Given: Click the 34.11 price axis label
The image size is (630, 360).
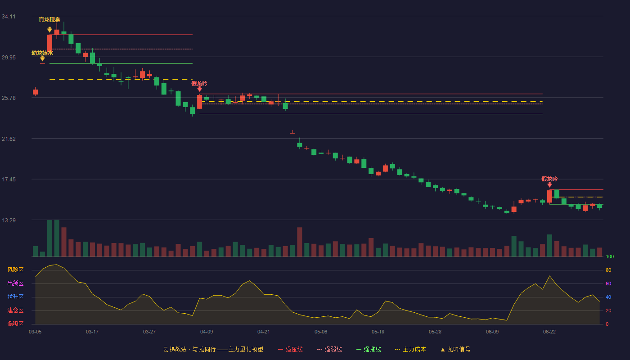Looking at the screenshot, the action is click(x=9, y=17).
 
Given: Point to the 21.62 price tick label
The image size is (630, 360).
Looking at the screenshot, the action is click(x=9, y=139).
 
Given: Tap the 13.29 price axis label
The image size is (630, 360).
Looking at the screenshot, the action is click(x=9, y=220).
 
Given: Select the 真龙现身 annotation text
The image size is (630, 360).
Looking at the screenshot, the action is click(x=49, y=20).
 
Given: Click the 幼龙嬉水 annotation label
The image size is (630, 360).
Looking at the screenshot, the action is click(x=42, y=53).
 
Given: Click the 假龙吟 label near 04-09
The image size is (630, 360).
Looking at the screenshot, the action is click(x=199, y=84).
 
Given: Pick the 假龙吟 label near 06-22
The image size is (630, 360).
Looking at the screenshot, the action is click(x=549, y=179).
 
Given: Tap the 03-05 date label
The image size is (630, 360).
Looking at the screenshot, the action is click(x=35, y=332).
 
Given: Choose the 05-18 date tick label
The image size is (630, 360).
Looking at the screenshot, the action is click(x=378, y=332).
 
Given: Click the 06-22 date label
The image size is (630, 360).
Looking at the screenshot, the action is click(x=549, y=332).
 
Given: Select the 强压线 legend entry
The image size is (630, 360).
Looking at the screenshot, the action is click(x=290, y=349).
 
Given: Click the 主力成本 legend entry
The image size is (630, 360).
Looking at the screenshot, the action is click(x=410, y=349).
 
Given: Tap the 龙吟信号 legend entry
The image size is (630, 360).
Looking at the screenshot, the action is click(x=455, y=349).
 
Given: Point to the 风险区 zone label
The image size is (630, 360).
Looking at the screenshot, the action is click(x=15, y=270).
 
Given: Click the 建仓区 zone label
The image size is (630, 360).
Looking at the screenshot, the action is click(x=15, y=310).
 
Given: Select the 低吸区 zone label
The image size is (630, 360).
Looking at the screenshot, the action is click(x=15, y=324).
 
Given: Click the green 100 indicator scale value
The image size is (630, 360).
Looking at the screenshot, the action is click(x=610, y=256).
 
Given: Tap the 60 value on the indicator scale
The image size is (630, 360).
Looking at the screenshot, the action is click(x=608, y=283).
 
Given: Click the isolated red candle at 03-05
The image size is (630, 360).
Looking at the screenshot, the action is click(x=35, y=92).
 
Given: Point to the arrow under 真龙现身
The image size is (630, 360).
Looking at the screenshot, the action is click(x=49, y=30).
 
